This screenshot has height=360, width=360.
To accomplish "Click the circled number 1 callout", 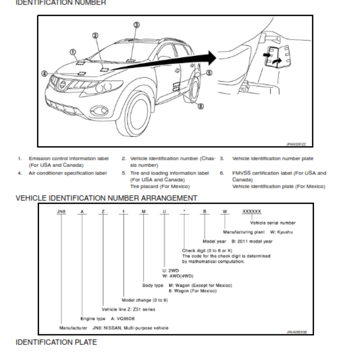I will point(73,52).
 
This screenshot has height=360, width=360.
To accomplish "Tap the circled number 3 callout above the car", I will point(136,25).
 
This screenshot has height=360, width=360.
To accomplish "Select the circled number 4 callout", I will point(44,73).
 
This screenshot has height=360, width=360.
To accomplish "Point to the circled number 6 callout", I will point(201,106).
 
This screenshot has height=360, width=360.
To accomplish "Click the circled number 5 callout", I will point(209,72).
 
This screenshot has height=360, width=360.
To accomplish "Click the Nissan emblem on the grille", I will point(63,85).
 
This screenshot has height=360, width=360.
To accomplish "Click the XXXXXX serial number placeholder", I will point(252,211).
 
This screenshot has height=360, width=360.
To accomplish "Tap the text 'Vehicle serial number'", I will point(273,223).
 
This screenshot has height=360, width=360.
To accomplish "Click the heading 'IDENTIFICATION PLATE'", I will point(56,342).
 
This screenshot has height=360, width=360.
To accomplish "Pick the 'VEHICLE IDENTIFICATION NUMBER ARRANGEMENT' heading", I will point(106,198).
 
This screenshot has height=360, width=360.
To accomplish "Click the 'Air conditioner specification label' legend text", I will point(67,173).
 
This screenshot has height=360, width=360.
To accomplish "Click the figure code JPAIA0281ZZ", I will point(296,144).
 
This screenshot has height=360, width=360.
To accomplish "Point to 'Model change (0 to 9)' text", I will point(145,300).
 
